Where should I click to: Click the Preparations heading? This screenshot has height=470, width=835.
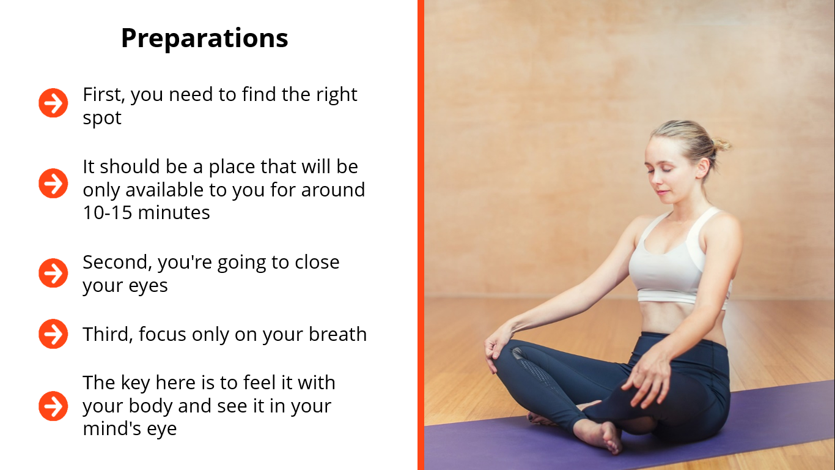[x=205, y=39]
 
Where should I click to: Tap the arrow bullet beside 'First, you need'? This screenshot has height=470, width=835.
[x=53, y=103]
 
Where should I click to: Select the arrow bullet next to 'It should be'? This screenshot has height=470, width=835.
[x=53, y=184]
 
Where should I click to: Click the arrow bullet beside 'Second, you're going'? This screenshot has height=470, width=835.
[x=53, y=273]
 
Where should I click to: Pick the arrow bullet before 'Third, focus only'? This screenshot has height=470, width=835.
[x=53, y=334]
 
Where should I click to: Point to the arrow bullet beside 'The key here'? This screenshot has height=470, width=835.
[x=53, y=406]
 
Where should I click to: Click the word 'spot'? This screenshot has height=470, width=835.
[x=101, y=118]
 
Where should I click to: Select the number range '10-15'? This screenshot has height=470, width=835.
[x=108, y=212]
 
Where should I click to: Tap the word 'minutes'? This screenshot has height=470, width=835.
[x=174, y=212]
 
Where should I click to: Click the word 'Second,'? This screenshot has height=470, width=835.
[x=117, y=263]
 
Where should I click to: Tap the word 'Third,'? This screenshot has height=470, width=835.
[x=108, y=334]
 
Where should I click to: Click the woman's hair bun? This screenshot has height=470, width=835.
[x=720, y=144]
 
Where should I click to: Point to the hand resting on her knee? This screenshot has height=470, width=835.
[x=498, y=347]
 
